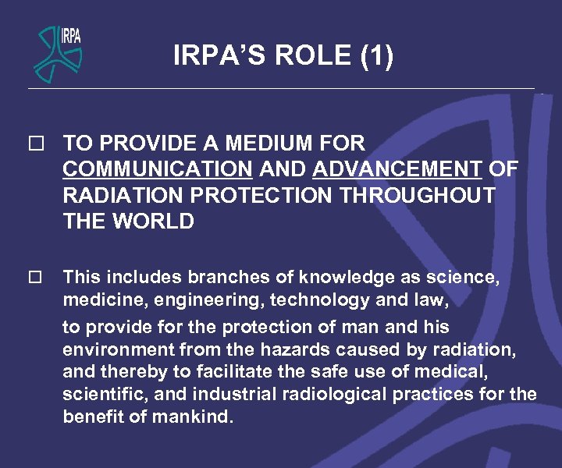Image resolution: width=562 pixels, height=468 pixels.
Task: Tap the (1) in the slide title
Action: click(x=377, y=55)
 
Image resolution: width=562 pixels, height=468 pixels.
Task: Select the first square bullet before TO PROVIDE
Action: click(x=32, y=144)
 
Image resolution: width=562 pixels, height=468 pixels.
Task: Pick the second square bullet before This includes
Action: click(x=32, y=277)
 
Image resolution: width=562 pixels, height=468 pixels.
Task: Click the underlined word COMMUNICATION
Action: click(x=157, y=169)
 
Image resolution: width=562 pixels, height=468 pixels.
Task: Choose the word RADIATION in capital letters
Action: click(x=126, y=195)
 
